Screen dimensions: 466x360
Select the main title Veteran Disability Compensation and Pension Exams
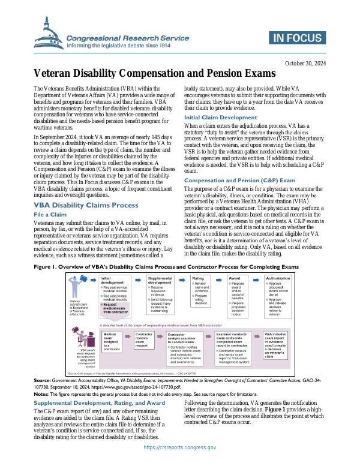coord(154,74)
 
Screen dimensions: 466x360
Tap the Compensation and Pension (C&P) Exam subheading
coord(239,164)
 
